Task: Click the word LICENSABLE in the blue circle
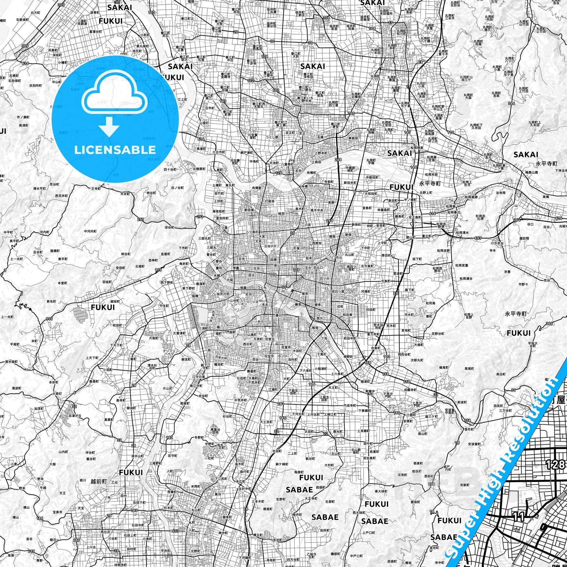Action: pos(115,150)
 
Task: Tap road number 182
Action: pos(170,437)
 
